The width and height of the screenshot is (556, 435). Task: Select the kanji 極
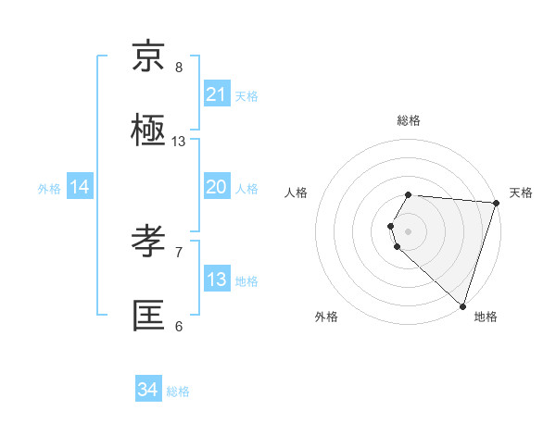pyautogui.click(x=149, y=131)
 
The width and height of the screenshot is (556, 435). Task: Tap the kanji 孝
pyautogui.click(x=149, y=242)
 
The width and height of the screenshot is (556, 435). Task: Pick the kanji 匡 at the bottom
pyautogui.click(x=149, y=317)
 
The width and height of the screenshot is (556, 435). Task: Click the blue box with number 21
pyautogui.click(x=216, y=94)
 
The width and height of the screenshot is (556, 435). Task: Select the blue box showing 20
pyautogui.click(x=216, y=187)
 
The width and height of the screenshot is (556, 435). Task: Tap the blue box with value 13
pyautogui.click(x=216, y=280)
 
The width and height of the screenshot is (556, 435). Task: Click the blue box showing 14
pyautogui.click(x=80, y=187)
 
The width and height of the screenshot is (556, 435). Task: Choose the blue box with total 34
pyautogui.click(x=147, y=391)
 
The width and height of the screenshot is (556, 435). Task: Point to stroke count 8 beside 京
pyautogui.click(x=179, y=68)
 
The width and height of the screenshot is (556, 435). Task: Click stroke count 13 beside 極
pyautogui.click(x=179, y=142)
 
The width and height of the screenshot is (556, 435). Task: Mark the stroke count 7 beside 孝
pyautogui.click(x=179, y=252)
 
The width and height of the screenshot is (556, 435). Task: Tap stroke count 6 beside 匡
pyautogui.click(x=179, y=326)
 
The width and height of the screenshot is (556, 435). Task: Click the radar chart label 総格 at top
pyautogui.click(x=409, y=120)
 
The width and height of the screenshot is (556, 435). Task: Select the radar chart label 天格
pyautogui.click(x=521, y=193)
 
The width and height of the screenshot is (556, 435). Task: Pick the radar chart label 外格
pyautogui.click(x=326, y=317)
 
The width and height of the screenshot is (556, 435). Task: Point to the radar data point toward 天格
pyautogui.click(x=496, y=203)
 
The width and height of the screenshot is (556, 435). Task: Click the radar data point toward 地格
pyautogui.click(x=462, y=305)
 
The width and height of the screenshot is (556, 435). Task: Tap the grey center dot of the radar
pyautogui.click(x=409, y=230)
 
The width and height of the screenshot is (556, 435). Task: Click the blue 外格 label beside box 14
pyautogui.click(x=49, y=188)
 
